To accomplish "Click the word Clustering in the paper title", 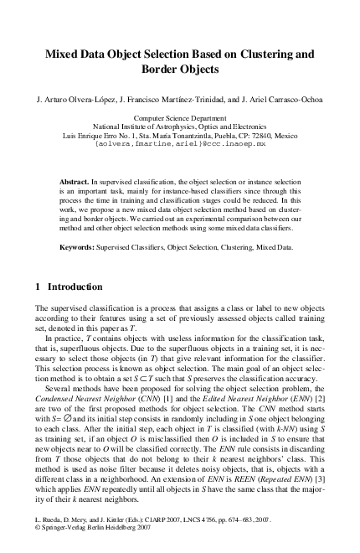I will tap(260, 54).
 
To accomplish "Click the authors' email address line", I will tap(180, 144).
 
